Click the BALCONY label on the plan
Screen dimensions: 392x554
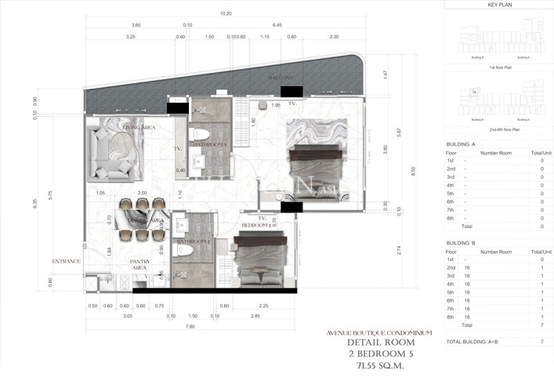[x=280, y=78]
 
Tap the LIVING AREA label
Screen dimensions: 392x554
[x=138, y=125]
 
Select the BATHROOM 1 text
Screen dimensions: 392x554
[x=210, y=144]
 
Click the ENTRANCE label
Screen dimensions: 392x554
[x=67, y=261]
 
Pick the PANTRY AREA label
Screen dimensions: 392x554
[x=139, y=265]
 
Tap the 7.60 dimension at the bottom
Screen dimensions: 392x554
[x=190, y=327]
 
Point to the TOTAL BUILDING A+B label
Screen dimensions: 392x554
[x=476, y=342]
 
